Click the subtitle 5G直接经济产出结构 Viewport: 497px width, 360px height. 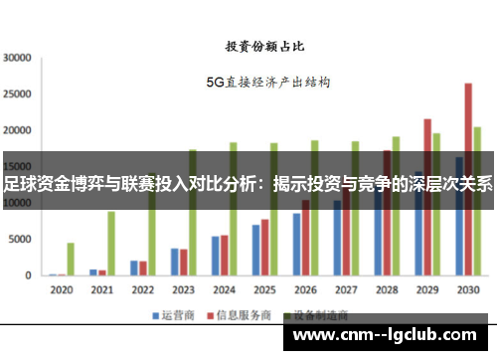266,82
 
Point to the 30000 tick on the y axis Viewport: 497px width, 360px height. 18,58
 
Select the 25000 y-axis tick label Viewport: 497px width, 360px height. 18,94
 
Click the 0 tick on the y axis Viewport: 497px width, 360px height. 30,275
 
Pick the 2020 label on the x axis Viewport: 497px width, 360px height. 62,290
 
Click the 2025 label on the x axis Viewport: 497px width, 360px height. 263,290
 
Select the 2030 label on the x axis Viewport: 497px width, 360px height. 466,290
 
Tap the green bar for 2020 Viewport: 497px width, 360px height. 71,259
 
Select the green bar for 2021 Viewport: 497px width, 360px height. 111,243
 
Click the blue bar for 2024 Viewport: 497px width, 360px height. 215,256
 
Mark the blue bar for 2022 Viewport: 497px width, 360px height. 134,268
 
